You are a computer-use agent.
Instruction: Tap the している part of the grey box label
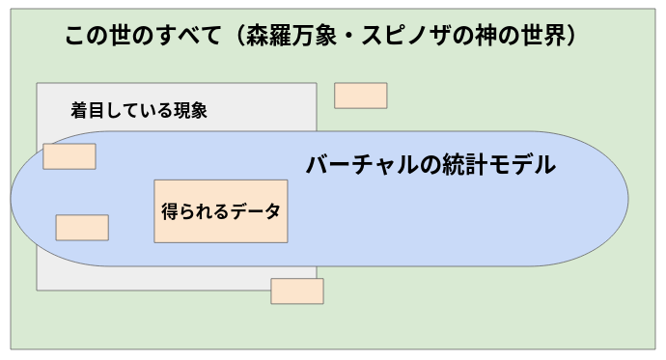point(138,110)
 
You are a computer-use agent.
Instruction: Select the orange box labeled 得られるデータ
point(220,210)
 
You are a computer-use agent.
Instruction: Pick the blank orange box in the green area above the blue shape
point(361,96)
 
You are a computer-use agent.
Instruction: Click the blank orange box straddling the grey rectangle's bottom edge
point(297,291)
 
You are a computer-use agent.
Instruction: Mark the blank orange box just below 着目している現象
point(69,156)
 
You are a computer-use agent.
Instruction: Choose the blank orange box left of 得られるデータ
point(82,228)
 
